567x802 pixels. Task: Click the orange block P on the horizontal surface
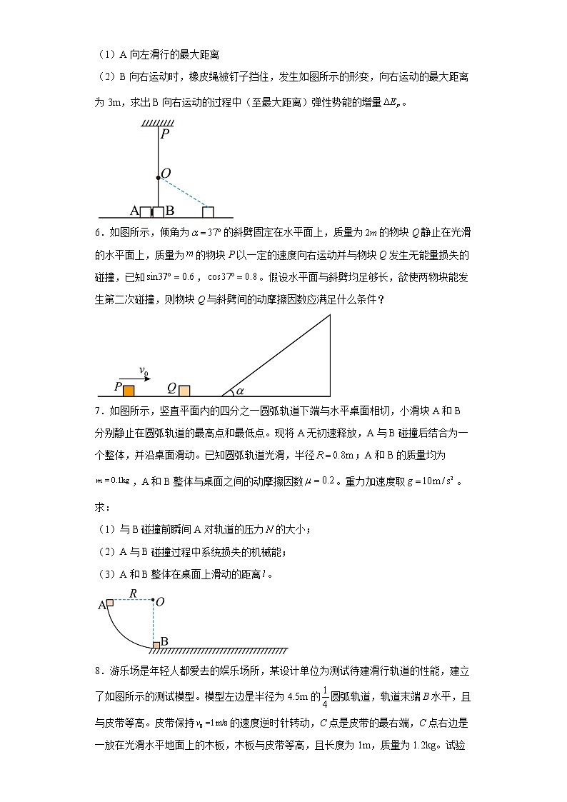pos(129,390)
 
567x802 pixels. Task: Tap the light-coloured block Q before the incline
pos(184,390)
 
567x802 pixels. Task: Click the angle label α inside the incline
pos(240,391)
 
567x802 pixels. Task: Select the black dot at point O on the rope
pos(158,176)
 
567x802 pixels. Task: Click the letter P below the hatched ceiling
pos(165,134)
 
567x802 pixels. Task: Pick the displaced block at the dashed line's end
pos(208,211)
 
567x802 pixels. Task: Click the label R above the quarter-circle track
pos(133,593)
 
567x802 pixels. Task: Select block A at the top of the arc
pos(110,603)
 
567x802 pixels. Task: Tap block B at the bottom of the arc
pos(156,645)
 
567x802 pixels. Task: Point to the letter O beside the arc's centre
pos(160,602)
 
